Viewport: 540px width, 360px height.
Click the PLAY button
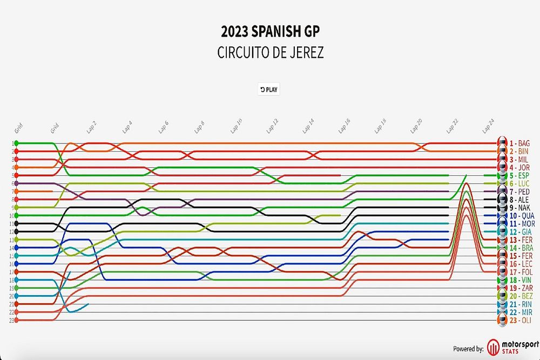[269, 90]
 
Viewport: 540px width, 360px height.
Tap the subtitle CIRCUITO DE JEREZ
[269, 53]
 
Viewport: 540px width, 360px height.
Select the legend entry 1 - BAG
[516, 143]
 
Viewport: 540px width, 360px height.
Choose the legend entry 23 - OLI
[516, 320]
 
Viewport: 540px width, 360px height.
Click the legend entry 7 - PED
[516, 191]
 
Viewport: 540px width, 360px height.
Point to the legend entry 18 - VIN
[517, 280]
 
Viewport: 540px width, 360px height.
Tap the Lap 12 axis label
[272, 126]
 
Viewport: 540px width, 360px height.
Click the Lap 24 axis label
[488, 126]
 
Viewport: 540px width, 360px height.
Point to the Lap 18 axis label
[380, 126]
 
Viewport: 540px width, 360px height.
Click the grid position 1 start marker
[17, 143]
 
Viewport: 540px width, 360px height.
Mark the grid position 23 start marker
[17, 320]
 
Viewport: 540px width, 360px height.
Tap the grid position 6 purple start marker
[17, 184]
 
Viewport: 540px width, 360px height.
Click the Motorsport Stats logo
[511, 348]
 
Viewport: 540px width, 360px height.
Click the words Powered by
[468, 349]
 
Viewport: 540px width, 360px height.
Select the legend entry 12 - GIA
[517, 232]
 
